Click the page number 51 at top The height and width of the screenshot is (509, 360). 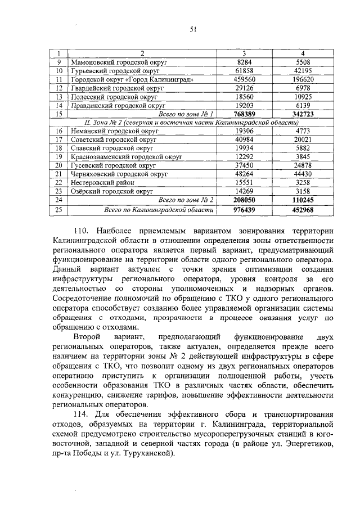click(192, 31)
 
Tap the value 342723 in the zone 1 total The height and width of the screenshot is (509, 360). click(302, 114)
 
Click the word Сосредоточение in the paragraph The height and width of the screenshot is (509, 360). click(83, 299)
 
